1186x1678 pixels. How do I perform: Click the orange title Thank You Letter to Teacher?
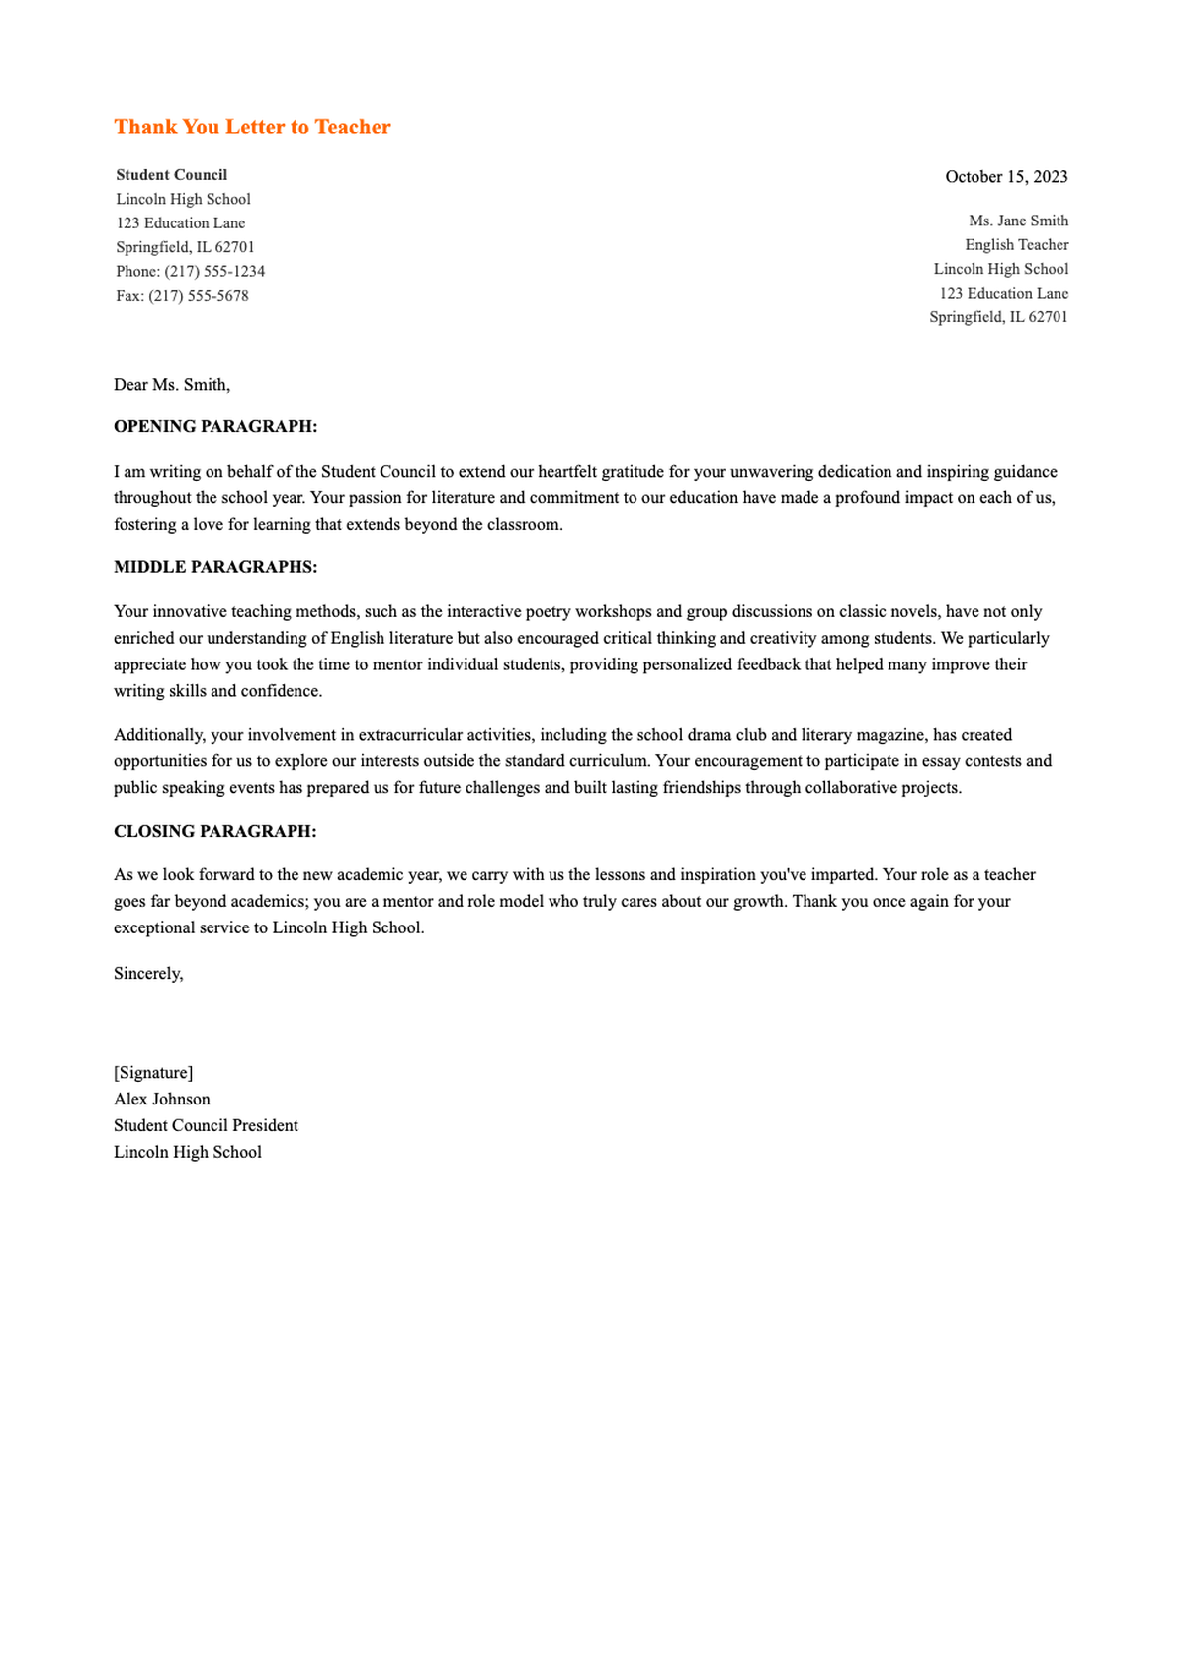pos(252,127)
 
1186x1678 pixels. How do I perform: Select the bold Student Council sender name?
pos(172,175)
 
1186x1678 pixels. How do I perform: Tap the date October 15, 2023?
pos(1006,177)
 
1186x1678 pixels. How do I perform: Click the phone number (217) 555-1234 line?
pos(190,271)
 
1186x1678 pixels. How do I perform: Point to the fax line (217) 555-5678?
pos(182,296)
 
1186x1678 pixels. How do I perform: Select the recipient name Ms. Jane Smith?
pos(1018,221)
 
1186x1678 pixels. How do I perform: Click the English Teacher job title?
pos(1016,245)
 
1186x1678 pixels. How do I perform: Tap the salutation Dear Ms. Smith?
pos(172,385)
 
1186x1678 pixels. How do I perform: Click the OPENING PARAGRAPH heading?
pos(215,427)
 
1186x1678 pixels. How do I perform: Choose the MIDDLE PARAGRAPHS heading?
pos(215,567)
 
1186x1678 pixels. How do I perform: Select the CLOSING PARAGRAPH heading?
pos(215,832)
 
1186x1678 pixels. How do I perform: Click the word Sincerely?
pos(148,974)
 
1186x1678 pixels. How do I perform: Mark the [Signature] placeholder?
pos(153,1073)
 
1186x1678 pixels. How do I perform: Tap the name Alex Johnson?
pos(162,1100)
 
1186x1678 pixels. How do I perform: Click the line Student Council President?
pos(206,1126)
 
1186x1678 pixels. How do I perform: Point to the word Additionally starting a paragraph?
pos(159,735)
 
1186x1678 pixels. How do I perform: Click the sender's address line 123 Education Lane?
pos(181,223)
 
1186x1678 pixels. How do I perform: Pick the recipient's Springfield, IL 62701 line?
pos(998,317)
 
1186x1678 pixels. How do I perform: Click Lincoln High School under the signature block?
pos(188,1153)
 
